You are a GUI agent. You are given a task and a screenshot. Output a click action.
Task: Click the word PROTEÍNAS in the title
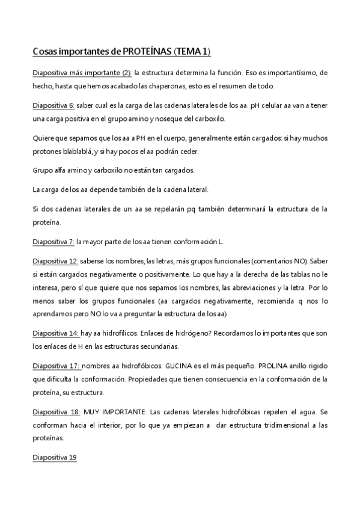pyautogui.click(x=146, y=52)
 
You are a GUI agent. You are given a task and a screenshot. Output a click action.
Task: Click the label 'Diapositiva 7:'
pyautogui.click(x=53, y=242)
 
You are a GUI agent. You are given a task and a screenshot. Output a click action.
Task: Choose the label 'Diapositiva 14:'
pyautogui.click(x=55, y=333)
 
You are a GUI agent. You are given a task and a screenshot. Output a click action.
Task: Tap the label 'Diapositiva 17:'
pyautogui.click(x=55, y=365)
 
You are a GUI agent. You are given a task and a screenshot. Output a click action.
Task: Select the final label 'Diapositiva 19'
pyautogui.click(x=55, y=458)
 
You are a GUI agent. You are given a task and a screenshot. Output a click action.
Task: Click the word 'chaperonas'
pyautogui.click(x=175, y=86)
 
